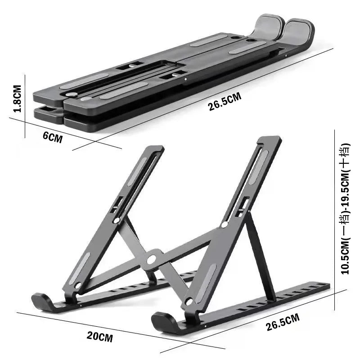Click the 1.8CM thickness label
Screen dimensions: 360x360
point(17,99)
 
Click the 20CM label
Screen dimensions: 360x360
point(100,336)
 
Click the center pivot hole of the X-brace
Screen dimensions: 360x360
point(151,259)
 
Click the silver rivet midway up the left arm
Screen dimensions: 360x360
point(117,220)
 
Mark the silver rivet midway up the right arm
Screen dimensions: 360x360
point(224,224)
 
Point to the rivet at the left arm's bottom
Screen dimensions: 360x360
point(78,285)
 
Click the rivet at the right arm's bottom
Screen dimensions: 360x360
point(189,302)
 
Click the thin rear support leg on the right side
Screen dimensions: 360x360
point(261,256)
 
